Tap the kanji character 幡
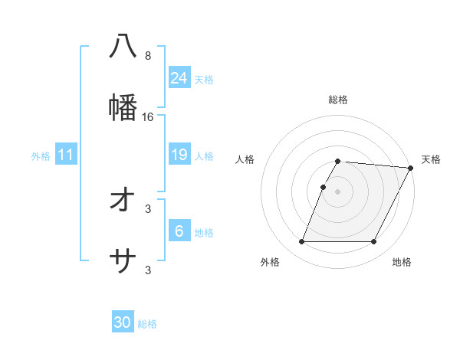(123, 107)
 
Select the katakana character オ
(123, 200)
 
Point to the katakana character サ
(123, 262)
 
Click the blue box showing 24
(179, 78)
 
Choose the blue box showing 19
(179, 155)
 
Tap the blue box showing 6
(179, 231)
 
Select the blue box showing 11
(65, 155)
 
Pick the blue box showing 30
(123, 322)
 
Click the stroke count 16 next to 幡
(148, 117)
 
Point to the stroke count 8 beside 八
(148, 56)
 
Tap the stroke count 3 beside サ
(148, 270)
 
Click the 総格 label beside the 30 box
(147, 324)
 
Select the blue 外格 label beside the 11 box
(41, 156)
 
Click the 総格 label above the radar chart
(337, 100)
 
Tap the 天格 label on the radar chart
(431, 159)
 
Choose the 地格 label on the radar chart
(402, 263)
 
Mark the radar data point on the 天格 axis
(411, 168)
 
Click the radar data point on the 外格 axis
(301, 242)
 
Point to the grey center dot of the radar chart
(337, 191)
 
